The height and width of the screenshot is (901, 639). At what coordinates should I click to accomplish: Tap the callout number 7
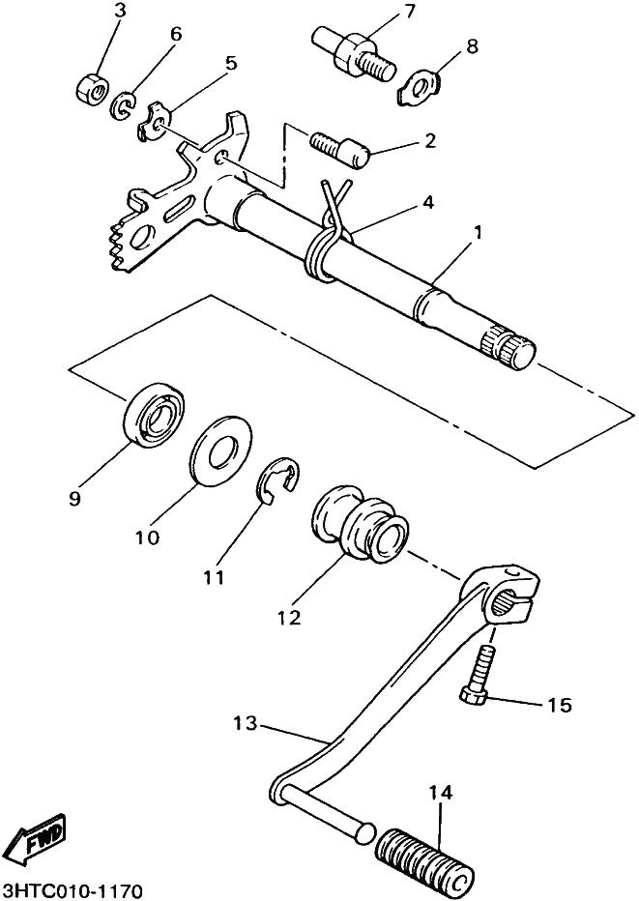pos(409,12)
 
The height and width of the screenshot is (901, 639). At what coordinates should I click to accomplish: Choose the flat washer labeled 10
pos(221,450)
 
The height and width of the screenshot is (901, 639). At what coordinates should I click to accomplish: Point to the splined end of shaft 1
pos(507,351)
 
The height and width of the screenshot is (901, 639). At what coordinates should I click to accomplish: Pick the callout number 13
pos(246,723)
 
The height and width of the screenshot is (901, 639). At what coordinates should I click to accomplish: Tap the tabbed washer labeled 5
pos(153,120)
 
